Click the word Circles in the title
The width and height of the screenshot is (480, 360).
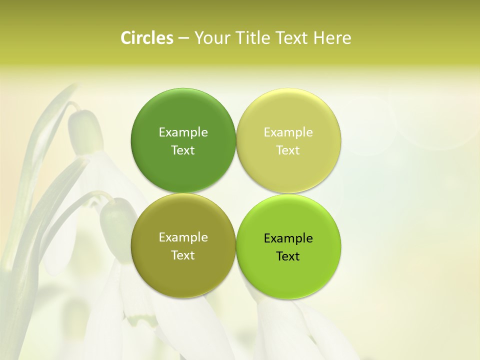[146, 38]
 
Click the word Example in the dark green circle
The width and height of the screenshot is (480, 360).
[183, 132]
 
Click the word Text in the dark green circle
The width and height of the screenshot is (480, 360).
[183, 150]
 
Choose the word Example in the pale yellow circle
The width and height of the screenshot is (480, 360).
[288, 132]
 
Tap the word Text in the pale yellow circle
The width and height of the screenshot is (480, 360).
[288, 150]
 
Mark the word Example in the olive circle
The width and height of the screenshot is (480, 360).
[183, 237]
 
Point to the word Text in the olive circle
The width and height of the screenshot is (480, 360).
[183, 255]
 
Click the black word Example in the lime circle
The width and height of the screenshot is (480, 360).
[288, 238]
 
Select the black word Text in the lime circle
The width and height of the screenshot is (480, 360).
[288, 256]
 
